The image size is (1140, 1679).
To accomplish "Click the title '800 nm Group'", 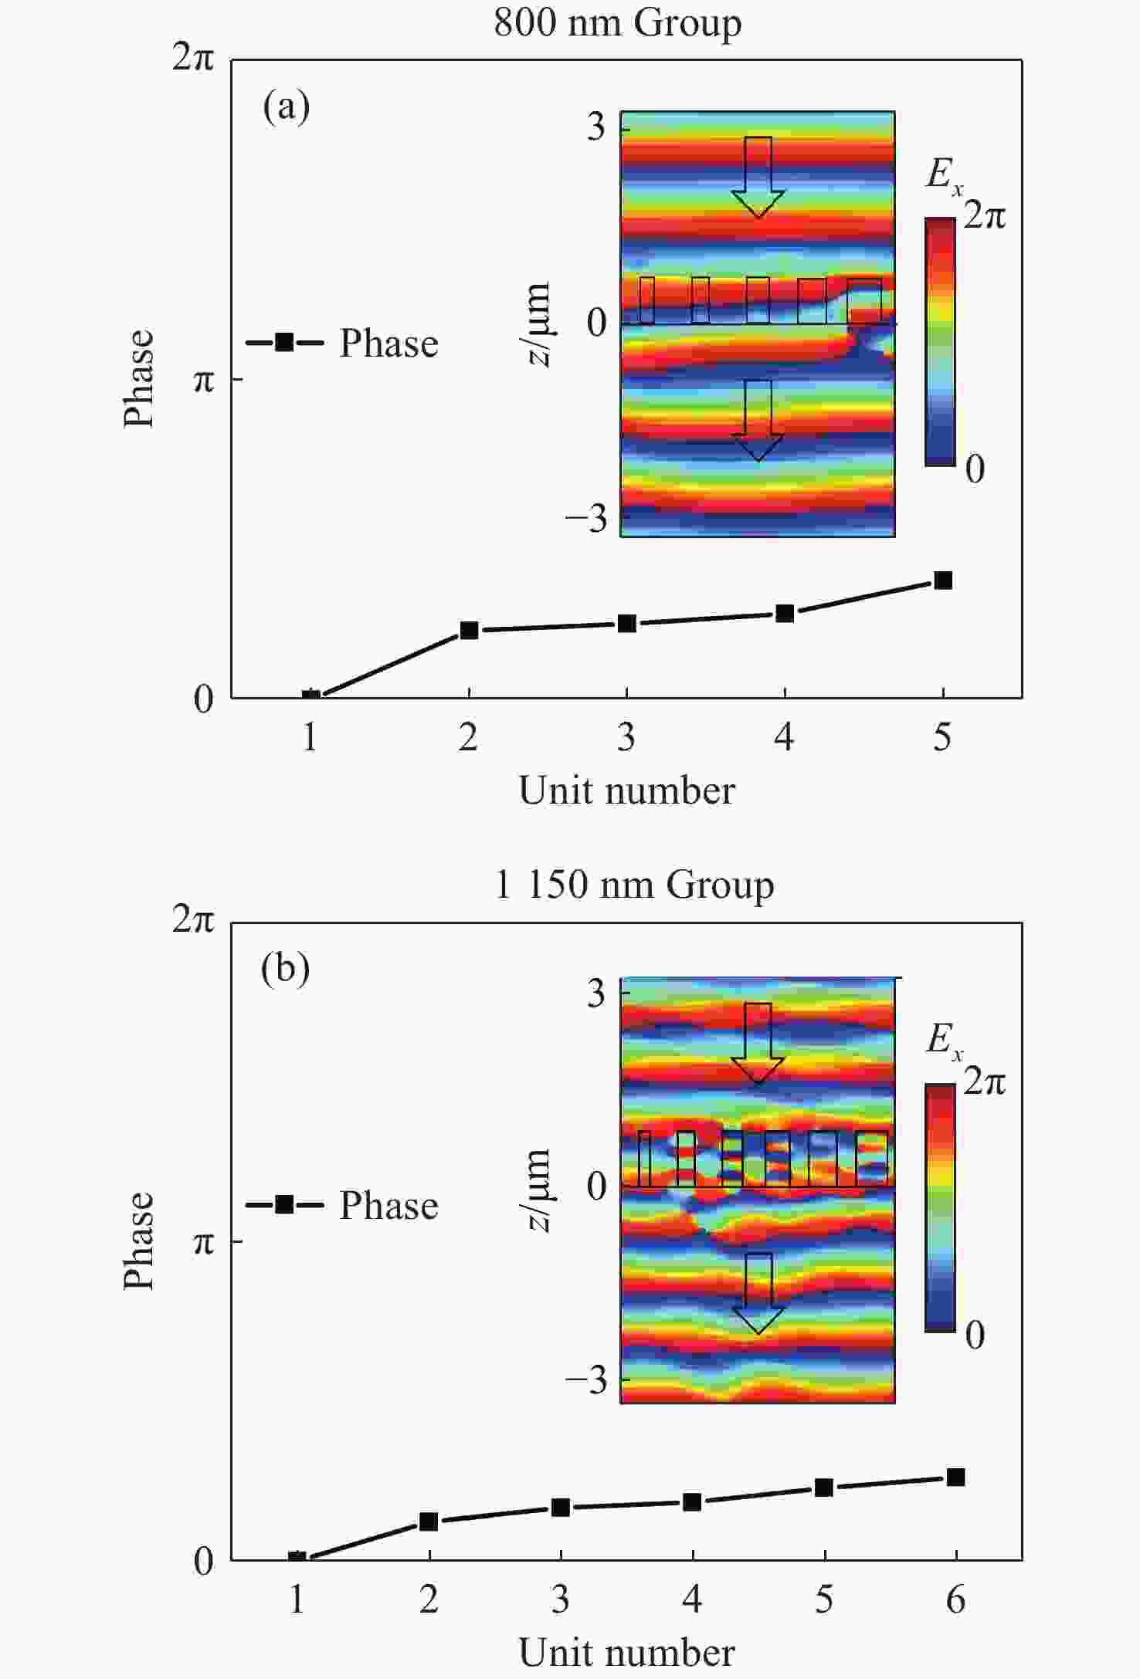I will (x=617, y=22).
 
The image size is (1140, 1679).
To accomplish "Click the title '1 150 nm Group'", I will (x=633, y=885).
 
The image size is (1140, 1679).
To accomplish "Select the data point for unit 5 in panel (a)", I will (x=942, y=581).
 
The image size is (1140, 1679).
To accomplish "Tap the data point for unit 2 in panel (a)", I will (x=469, y=630).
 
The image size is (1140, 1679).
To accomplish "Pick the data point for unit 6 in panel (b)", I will (x=955, y=1477).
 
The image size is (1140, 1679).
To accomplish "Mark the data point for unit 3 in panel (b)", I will (x=561, y=1507).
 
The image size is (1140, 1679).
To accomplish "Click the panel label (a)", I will (x=286, y=107).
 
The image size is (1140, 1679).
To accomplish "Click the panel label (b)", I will (x=286, y=968).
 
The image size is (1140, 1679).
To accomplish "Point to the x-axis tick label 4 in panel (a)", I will (x=784, y=738).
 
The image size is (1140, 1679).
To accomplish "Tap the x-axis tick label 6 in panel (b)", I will (x=955, y=1600).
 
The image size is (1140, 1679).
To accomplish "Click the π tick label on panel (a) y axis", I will (x=203, y=380).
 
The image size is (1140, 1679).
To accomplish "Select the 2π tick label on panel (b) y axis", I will (x=192, y=919).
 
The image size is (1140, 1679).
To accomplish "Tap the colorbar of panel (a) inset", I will (x=940, y=341).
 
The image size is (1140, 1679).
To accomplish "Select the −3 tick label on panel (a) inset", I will (x=587, y=518).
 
